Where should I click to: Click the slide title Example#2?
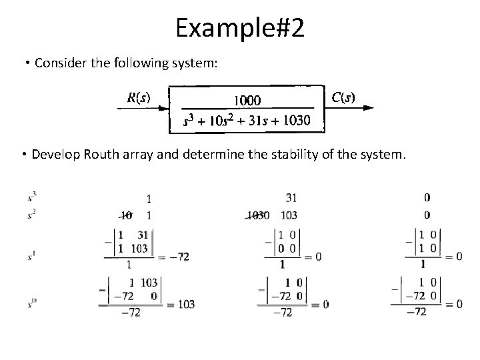[x=239, y=27]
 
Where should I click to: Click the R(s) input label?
[x=138, y=98]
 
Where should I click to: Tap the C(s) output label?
[x=343, y=97]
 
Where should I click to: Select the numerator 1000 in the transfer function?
[x=246, y=100]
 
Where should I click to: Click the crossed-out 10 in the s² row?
[x=126, y=215]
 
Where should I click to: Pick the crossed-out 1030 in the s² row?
[x=257, y=215]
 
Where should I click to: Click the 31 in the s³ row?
[x=291, y=198]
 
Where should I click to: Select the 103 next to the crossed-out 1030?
[x=289, y=215]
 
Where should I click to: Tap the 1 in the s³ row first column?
[x=148, y=198]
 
